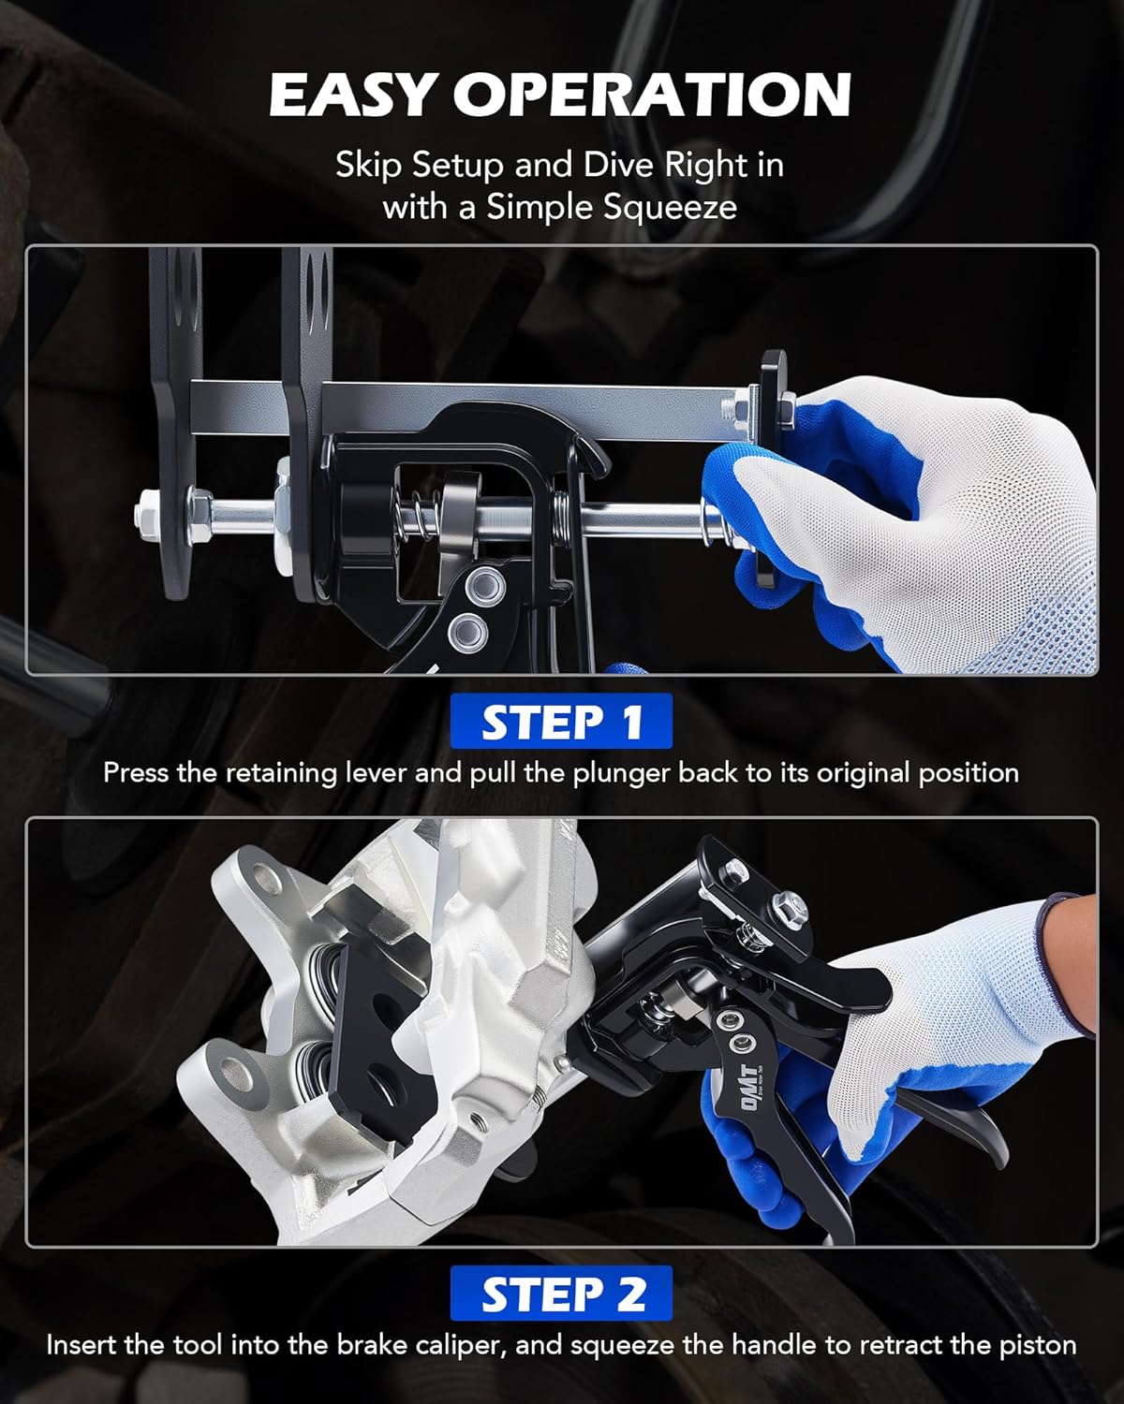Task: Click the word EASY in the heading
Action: click(352, 95)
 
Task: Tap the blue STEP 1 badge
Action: click(561, 722)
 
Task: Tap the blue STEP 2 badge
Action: click(562, 1294)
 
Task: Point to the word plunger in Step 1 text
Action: click(622, 773)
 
